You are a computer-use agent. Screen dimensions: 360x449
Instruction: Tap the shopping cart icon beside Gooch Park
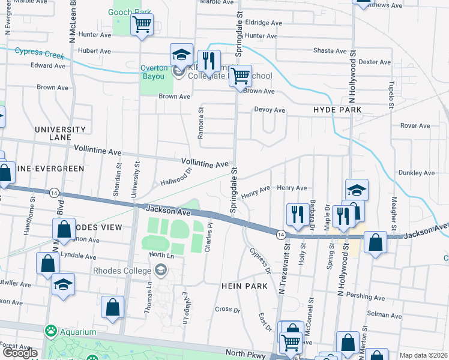click(142, 25)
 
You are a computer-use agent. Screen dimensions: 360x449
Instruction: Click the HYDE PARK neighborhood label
click(337, 110)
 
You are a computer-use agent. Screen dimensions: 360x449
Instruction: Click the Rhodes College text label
click(122, 271)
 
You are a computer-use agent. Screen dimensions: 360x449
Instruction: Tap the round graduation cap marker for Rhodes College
click(160, 271)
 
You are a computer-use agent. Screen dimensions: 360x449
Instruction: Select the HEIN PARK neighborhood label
click(244, 287)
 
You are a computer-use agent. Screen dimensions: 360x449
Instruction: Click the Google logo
click(20, 353)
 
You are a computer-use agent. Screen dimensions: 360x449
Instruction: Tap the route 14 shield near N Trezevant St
click(280, 233)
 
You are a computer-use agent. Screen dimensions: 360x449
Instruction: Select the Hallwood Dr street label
click(175, 177)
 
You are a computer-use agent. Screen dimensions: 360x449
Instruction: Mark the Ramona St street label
click(201, 124)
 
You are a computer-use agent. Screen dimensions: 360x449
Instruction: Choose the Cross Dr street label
click(228, 310)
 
